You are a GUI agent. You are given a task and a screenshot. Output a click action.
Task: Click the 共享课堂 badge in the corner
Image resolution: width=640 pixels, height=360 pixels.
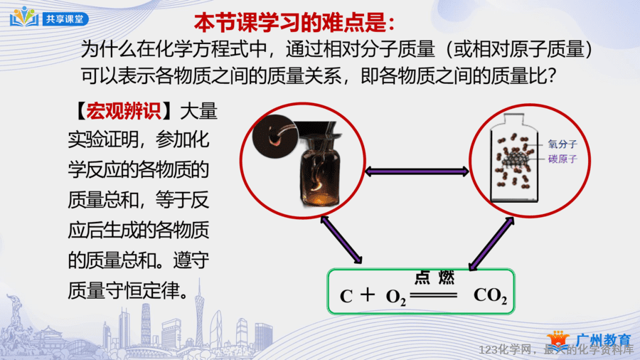49,18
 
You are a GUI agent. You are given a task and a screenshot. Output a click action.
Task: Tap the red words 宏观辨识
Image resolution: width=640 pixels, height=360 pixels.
123,110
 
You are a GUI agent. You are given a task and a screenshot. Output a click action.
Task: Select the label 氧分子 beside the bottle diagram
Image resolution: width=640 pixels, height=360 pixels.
562,144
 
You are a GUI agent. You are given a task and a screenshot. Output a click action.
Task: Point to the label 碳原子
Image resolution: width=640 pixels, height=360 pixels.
562,159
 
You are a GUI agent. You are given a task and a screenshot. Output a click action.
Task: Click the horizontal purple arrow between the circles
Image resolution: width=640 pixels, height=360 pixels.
417,171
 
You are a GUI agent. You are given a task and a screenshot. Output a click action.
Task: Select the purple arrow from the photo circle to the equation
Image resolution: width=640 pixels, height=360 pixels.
341,240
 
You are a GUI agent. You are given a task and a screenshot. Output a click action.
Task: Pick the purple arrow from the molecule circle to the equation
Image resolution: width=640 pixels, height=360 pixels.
491,243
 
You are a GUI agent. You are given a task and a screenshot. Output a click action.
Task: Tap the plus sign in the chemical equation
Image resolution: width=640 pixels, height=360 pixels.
368,295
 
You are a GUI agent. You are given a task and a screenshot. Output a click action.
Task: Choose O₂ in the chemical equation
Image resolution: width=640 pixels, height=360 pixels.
396,297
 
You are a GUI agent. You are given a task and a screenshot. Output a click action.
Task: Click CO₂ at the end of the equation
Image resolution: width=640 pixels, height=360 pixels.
490,295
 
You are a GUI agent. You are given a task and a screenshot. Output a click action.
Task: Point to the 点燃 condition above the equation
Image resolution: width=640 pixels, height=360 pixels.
434,277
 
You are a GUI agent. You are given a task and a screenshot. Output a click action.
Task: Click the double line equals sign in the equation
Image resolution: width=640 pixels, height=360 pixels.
434,295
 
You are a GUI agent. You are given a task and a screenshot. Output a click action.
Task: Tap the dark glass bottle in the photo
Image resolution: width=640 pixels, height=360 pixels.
319,170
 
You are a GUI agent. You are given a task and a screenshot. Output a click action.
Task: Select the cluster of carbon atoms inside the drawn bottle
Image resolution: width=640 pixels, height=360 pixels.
514,158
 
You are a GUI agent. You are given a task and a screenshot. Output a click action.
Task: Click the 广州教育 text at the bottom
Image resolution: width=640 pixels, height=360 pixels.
603,339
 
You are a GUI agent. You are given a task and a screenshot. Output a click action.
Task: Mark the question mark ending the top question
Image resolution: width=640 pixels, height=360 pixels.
552,75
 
